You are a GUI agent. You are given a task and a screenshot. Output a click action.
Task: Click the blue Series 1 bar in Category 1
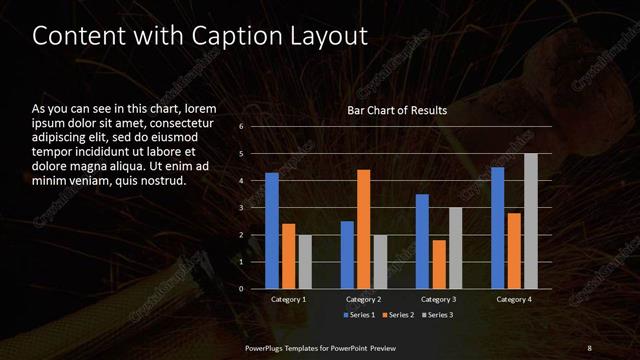click(272, 231)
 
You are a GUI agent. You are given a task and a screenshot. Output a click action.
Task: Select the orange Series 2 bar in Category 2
click(363, 229)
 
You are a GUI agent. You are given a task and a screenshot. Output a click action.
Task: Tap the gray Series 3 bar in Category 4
click(531, 221)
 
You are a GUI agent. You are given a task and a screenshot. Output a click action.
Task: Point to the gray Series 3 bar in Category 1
click(305, 262)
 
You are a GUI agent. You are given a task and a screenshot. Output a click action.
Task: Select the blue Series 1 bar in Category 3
click(422, 241)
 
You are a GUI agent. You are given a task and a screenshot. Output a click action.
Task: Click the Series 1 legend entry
click(361, 316)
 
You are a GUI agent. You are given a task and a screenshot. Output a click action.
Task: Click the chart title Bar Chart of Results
click(397, 110)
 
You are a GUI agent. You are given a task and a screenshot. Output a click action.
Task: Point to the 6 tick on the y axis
click(241, 127)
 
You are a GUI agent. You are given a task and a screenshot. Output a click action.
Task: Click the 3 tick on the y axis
click(241, 208)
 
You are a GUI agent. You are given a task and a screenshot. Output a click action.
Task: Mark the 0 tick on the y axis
click(241, 289)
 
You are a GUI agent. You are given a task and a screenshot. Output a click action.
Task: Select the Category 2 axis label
click(364, 299)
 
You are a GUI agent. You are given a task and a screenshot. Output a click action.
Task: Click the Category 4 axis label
click(514, 299)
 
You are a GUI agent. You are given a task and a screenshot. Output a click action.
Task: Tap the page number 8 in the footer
click(589, 347)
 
